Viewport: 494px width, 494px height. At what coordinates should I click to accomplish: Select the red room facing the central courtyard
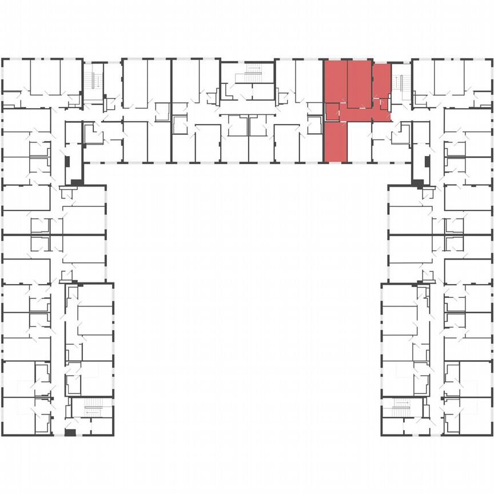336,142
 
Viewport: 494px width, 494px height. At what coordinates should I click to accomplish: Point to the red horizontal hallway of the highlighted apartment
366,115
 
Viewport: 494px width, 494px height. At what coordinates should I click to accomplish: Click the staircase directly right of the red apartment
402,83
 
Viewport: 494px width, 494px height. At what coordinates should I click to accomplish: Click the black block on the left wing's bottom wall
70,432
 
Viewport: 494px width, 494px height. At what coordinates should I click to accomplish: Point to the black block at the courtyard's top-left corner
76,182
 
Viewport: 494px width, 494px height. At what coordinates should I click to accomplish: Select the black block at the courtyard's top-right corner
418,183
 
